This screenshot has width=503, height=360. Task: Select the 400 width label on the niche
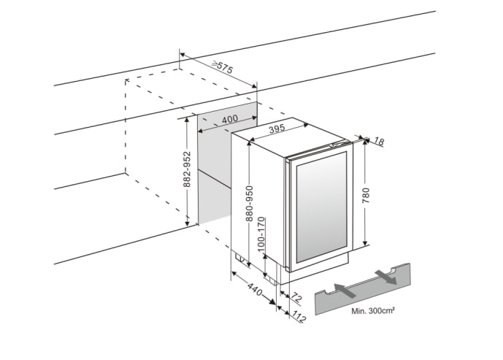229,119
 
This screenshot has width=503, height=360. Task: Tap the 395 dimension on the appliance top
276,129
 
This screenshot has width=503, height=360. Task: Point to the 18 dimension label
378,140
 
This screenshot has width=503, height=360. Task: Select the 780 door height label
366,196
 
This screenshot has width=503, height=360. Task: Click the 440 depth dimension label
254,289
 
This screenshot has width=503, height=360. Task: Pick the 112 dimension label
299,316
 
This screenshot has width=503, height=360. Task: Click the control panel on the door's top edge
338,145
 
